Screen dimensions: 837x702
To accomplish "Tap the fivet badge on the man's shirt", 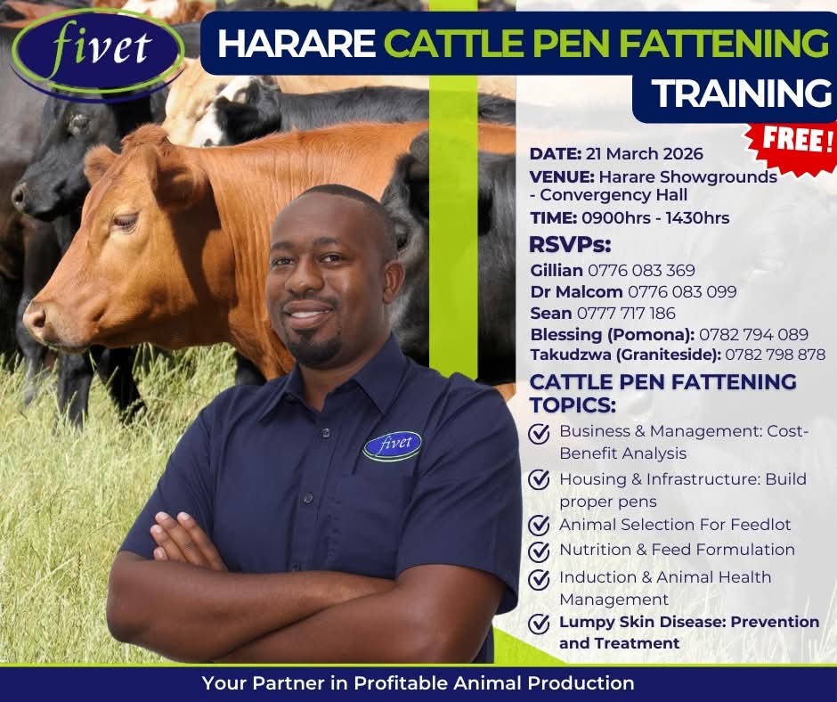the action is [x=393, y=445].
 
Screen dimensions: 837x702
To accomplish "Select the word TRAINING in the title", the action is [x=742, y=93].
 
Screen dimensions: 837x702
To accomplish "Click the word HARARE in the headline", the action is [x=297, y=44].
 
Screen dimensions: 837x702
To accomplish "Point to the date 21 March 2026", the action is [x=645, y=154].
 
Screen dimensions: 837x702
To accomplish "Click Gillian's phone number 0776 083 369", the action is [x=641, y=270].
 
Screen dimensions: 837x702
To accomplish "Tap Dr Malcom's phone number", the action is [x=682, y=291].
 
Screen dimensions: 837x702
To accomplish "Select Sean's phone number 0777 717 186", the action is [x=626, y=313].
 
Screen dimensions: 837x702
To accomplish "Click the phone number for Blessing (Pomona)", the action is [x=753, y=334].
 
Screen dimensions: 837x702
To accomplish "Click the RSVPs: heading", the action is [x=570, y=245].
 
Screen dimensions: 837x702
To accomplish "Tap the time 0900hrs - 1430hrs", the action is [x=655, y=218].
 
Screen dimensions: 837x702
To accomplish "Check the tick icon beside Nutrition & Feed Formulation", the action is [x=539, y=551].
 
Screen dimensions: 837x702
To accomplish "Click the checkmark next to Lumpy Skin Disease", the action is [x=539, y=624].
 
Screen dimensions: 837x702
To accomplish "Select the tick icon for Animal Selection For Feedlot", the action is [x=539, y=526].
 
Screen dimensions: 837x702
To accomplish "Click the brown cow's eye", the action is [x=126, y=221].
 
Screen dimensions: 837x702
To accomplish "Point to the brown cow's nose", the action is [x=35, y=320].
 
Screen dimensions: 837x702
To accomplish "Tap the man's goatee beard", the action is [x=313, y=347].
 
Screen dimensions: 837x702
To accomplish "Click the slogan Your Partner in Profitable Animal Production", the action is [x=418, y=682].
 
